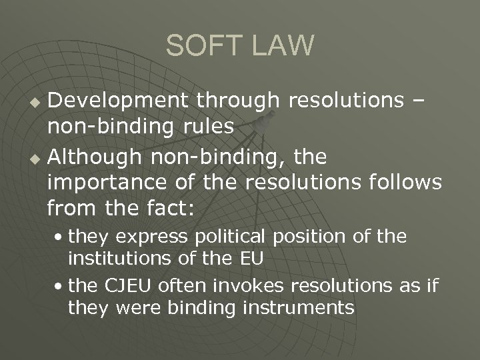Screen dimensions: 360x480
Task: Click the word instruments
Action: pos(291,308)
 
